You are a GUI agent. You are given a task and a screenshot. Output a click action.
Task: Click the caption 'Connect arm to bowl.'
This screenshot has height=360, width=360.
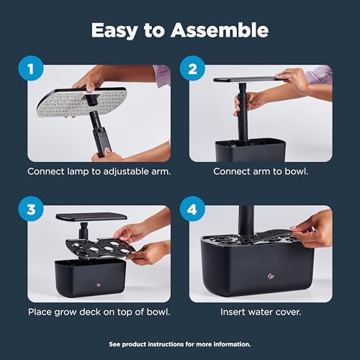tap(260, 173)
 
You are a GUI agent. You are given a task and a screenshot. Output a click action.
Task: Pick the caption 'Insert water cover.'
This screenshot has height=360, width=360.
tap(260, 312)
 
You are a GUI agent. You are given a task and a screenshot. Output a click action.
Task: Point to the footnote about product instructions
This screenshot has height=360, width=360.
tap(179, 343)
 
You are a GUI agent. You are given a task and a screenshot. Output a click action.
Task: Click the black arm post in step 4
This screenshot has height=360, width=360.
tap(246, 220)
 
